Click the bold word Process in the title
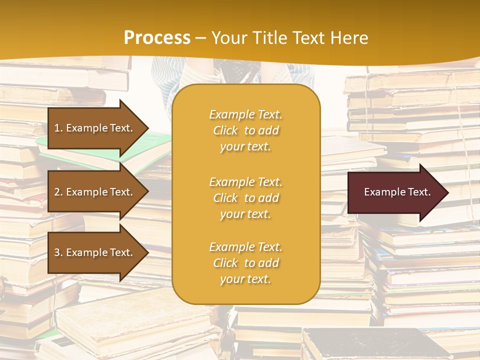pos(157,38)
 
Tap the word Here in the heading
pos(349,38)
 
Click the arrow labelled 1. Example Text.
pos(95,128)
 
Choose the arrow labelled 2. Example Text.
pos(95,192)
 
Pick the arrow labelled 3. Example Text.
pos(95,252)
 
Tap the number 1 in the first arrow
pos(57,128)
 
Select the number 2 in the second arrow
pos(57,192)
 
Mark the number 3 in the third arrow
pos(57,252)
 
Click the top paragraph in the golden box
pos(245,130)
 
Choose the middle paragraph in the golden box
pos(245,198)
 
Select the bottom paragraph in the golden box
pos(245,263)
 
